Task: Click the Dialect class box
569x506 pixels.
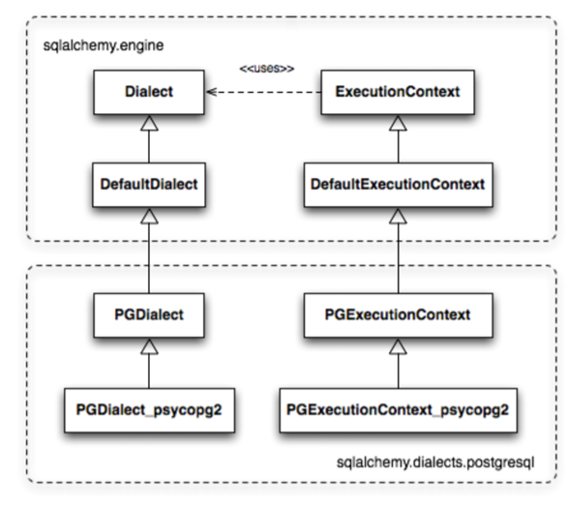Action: (x=149, y=92)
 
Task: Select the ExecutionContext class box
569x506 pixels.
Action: (x=398, y=92)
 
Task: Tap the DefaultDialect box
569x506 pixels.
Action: (x=149, y=185)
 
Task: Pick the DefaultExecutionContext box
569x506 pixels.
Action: (x=399, y=185)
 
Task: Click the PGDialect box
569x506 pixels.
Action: (x=149, y=315)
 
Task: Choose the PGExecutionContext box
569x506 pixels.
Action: (x=399, y=315)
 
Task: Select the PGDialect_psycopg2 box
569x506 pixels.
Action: (x=149, y=410)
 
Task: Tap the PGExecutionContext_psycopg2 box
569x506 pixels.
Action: (x=399, y=410)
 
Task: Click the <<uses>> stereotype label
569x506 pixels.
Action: (x=267, y=68)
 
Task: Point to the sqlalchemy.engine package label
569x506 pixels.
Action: (x=104, y=45)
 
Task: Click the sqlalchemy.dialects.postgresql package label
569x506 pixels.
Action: (x=435, y=462)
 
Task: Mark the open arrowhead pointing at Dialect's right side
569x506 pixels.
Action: (x=212, y=92)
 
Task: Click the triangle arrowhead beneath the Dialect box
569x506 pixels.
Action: (x=149, y=123)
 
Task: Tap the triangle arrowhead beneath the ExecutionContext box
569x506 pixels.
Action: (x=398, y=123)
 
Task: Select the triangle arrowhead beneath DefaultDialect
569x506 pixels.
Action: (x=149, y=216)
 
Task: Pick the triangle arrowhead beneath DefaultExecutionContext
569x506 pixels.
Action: (x=398, y=216)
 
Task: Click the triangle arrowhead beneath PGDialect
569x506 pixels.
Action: (x=149, y=346)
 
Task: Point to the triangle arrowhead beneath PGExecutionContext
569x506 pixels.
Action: (x=398, y=346)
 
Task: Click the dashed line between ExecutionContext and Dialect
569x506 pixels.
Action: (x=263, y=92)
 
